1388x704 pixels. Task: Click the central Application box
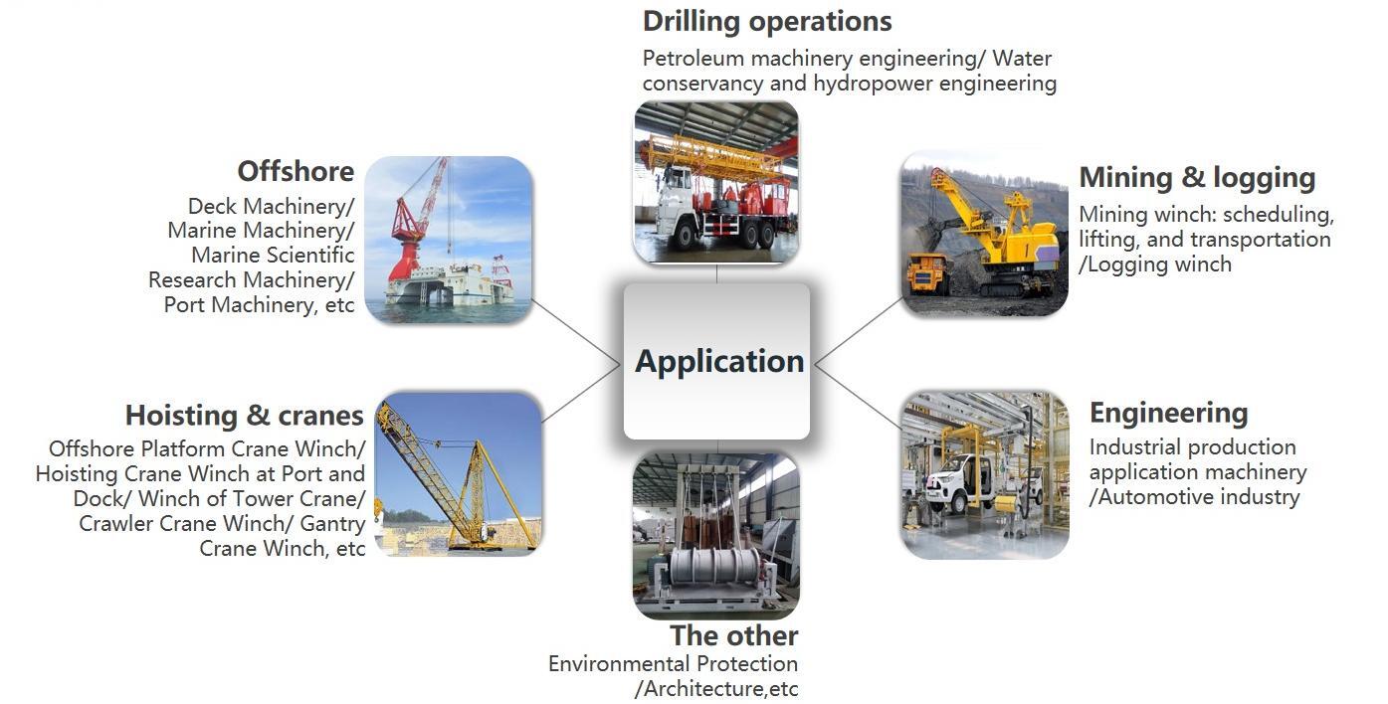(x=717, y=362)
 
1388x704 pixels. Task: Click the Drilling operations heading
(x=767, y=22)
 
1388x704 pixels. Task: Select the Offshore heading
(x=296, y=171)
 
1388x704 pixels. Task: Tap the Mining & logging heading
(x=1197, y=178)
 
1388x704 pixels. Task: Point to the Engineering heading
(x=1169, y=414)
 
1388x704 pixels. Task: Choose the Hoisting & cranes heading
(x=244, y=416)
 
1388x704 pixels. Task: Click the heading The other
(x=734, y=636)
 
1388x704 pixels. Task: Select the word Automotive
(x=1163, y=497)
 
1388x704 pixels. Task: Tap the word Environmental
(x=619, y=664)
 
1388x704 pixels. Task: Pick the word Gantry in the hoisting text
(x=332, y=524)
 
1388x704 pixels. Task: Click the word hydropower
(x=873, y=84)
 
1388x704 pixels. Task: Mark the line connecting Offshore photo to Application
(x=576, y=332)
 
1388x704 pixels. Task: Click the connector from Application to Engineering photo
(x=859, y=397)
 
